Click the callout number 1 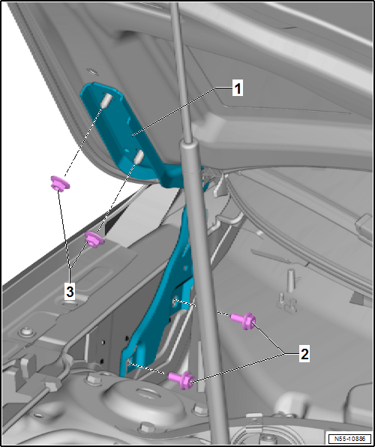click(237, 89)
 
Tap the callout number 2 click(304, 354)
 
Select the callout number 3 click(70, 292)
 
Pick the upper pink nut click(60, 183)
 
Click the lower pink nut click(94, 239)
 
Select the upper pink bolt click(243, 320)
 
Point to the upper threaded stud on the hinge click(106, 100)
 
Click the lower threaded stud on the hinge click(138, 157)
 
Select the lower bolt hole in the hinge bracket click(129, 362)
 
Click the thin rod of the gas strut click(180, 71)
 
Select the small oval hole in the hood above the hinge click(92, 71)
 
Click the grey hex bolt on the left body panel click(27, 332)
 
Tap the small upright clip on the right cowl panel click(290, 280)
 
